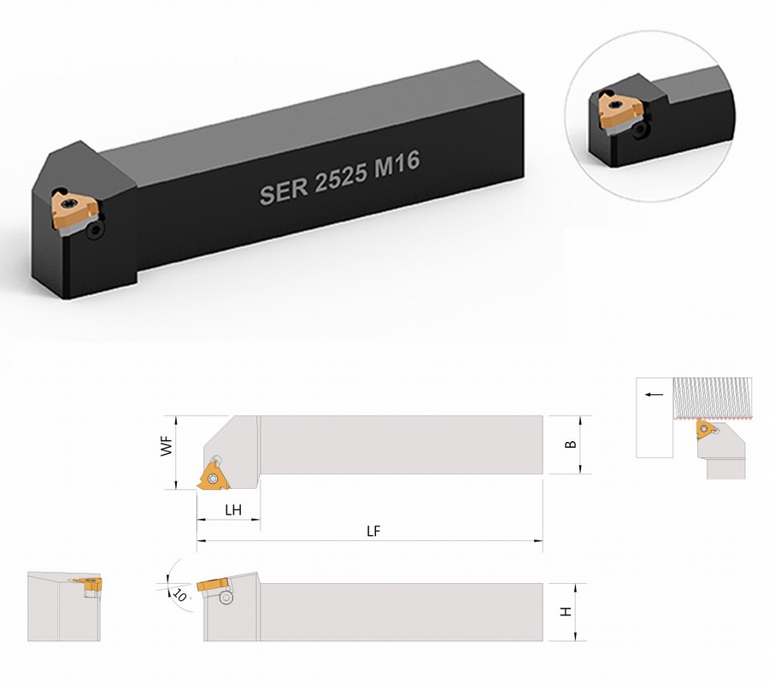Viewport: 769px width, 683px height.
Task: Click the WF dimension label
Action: [167, 446]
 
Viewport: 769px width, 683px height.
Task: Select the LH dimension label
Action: [233, 509]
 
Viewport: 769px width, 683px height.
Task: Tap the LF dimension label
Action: [373, 531]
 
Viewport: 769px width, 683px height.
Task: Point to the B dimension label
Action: [571, 445]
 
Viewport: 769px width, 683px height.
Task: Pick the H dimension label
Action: [566, 612]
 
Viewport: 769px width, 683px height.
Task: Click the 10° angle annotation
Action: [179, 595]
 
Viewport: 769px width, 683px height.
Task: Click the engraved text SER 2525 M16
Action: [339, 178]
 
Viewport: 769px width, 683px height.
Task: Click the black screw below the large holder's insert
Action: [95, 232]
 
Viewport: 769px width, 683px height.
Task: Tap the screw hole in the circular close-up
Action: [640, 130]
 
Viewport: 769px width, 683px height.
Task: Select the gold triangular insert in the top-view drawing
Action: [214, 477]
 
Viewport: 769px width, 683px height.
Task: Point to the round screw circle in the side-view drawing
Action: [226, 598]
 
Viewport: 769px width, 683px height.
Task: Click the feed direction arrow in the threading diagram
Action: [654, 394]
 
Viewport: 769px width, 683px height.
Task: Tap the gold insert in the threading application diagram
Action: [704, 429]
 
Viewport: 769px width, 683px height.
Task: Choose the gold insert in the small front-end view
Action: [90, 584]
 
